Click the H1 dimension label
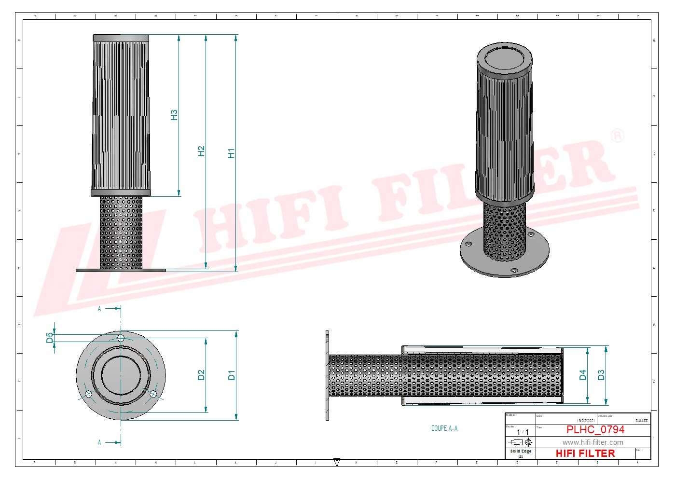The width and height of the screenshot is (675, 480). pyautogui.click(x=231, y=153)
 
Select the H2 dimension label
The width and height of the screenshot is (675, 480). pyautogui.click(x=201, y=151)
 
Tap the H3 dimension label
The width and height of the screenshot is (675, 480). pyautogui.click(x=174, y=115)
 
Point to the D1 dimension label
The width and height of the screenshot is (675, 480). pyautogui.click(x=232, y=375)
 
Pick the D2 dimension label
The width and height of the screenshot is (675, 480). pyautogui.click(x=201, y=375)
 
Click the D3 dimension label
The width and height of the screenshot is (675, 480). pyautogui.click(x=601, y=375)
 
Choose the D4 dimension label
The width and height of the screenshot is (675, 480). pyautogui.click(x=582, y=375)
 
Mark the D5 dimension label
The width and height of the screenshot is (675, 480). pyautogui.click(x=50, y=338)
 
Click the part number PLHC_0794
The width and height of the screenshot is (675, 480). pyautogui.click(x=595, y=429)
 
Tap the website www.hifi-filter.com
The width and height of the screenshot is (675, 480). pyautogui.click(x=592, y=442)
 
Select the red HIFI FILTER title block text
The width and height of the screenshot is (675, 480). pyautogui.click(x=585, y=453)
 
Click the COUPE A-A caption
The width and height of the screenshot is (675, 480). pyautogui.click(x=444, y=428)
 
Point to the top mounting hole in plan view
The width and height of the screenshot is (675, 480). pyautogui.click(x=121, y=338)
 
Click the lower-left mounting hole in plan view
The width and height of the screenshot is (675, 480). pyautogui.click(x=88, y=395)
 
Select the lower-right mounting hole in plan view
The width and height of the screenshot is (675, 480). pyautogui.click(x=153, y=395)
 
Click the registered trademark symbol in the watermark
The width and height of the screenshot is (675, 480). pyautogui.click(x=617, y=136)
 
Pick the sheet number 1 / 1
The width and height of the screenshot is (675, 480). pyautogui.click(x=523, y=432)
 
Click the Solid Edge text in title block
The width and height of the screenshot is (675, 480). pyautogui.click(x=521, y=452)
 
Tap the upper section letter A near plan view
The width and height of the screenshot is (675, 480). pyautogui.click(x=99, y=309)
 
